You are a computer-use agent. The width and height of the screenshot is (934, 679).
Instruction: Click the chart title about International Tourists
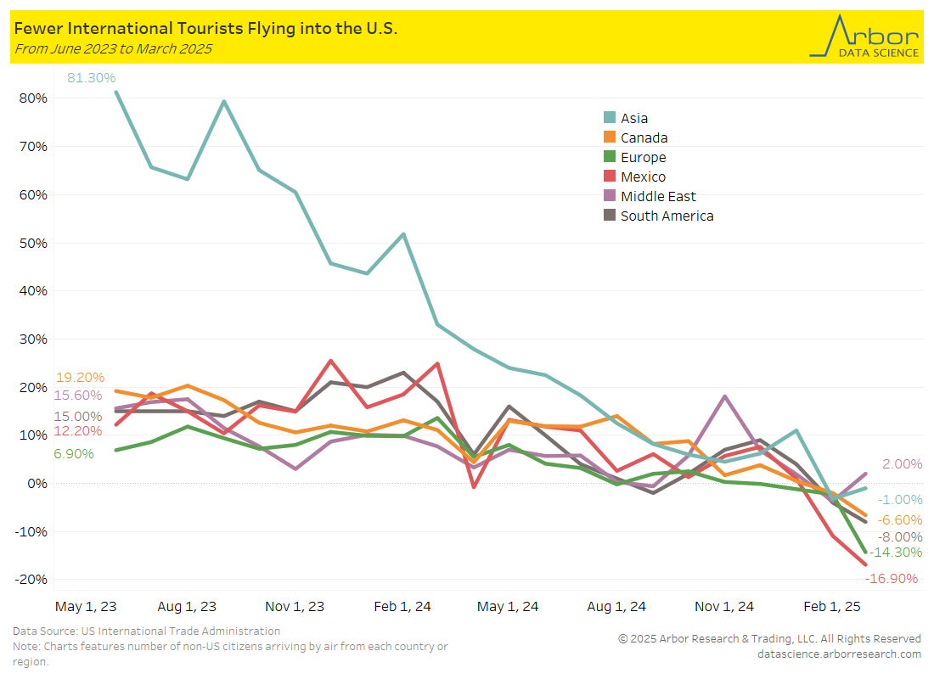click(x=205, y=29)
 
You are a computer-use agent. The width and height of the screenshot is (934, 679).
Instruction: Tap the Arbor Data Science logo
click(x=864, y=36)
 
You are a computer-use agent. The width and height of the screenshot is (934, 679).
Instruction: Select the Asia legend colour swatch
click(x=609, y=119)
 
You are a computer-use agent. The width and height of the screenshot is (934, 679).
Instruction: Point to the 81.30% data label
click(x=92, y=78)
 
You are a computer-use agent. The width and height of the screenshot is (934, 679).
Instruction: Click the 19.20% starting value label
click(x=80, y=378)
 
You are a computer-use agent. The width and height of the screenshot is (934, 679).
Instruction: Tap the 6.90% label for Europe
click(x=74, y=454)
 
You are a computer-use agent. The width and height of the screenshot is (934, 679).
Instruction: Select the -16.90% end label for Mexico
click(x=892, y=579)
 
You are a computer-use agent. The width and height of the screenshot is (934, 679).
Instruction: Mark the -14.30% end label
click(x=896, y=552)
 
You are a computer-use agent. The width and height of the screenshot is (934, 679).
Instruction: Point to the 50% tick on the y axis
click(x=33, y=243)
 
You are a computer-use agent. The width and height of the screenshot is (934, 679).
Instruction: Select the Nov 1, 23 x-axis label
click(x=295, y=607)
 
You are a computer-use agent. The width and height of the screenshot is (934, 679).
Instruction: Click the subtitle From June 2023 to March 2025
click(x=113, y=49)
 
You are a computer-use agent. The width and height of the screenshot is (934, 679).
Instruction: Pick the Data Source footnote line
click(x=146, y=631)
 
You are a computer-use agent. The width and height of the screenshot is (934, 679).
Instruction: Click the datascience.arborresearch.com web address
click(x=839, y=654)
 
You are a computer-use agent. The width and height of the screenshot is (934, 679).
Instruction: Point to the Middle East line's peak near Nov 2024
click(x=725, y=396)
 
